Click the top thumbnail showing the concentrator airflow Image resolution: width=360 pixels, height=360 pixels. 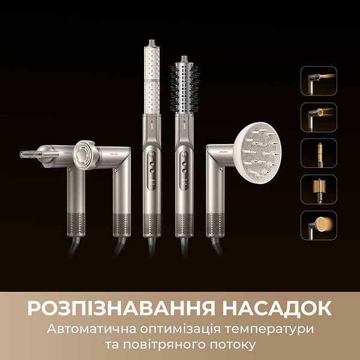(x=319, y=80)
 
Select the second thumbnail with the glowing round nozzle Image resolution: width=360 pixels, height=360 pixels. (x=319, y=116)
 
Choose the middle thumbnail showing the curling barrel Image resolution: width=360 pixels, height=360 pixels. (x=319, y=152)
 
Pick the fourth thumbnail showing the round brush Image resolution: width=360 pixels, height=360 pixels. (x=319, y=188)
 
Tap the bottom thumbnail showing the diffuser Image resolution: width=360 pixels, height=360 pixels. (x=319, y=224)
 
